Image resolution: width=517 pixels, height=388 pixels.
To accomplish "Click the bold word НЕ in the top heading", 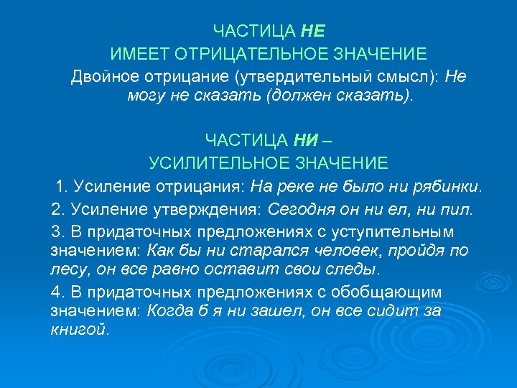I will [x=314, y=31].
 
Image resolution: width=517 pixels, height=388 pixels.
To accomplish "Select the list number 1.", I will [x=61, y=187].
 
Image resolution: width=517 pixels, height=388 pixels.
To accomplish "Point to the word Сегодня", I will [x=295, y=209].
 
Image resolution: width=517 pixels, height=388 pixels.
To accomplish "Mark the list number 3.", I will [x=57, y=232].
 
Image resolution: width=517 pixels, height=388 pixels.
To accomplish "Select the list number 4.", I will [x=57, y=292].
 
